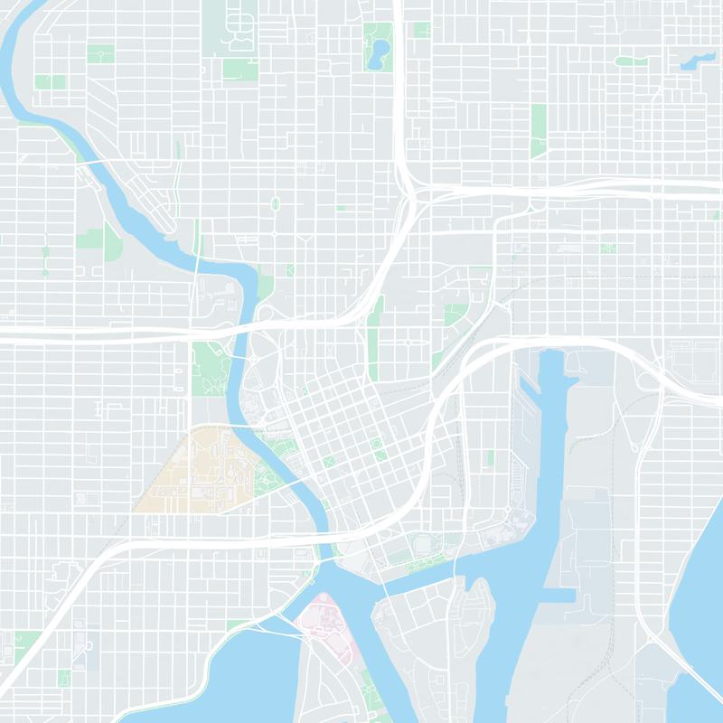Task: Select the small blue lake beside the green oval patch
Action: pos(697,62)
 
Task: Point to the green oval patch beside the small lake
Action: pos(631,61)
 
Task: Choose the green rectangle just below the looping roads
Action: pos(239,70)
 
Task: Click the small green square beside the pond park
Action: pos(421,30)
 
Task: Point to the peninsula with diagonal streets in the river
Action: pos(149,194)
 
